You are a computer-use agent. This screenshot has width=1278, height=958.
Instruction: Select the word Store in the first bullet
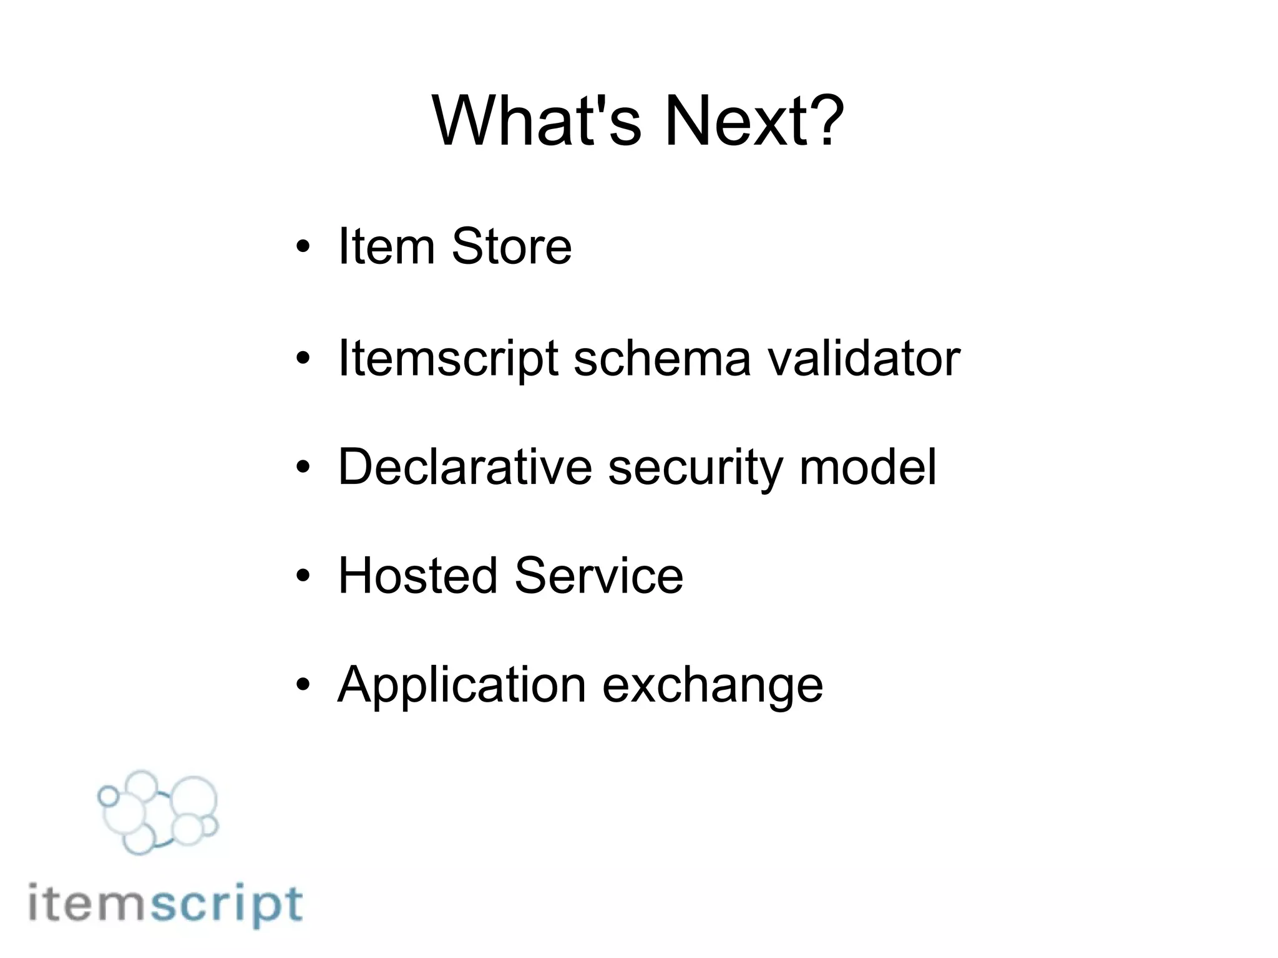511,246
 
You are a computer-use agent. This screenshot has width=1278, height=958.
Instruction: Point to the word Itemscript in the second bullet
447,359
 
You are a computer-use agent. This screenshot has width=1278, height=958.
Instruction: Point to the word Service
599,575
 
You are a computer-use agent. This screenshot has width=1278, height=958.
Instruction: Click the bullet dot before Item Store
303,248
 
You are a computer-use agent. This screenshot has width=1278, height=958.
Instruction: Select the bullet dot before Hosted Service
303,576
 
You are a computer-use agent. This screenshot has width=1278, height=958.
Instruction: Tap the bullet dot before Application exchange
303,685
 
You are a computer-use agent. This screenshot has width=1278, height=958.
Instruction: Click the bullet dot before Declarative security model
303,468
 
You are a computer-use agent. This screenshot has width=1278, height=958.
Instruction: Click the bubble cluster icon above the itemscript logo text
159,811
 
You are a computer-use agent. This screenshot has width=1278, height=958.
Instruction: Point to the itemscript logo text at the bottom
166,905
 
